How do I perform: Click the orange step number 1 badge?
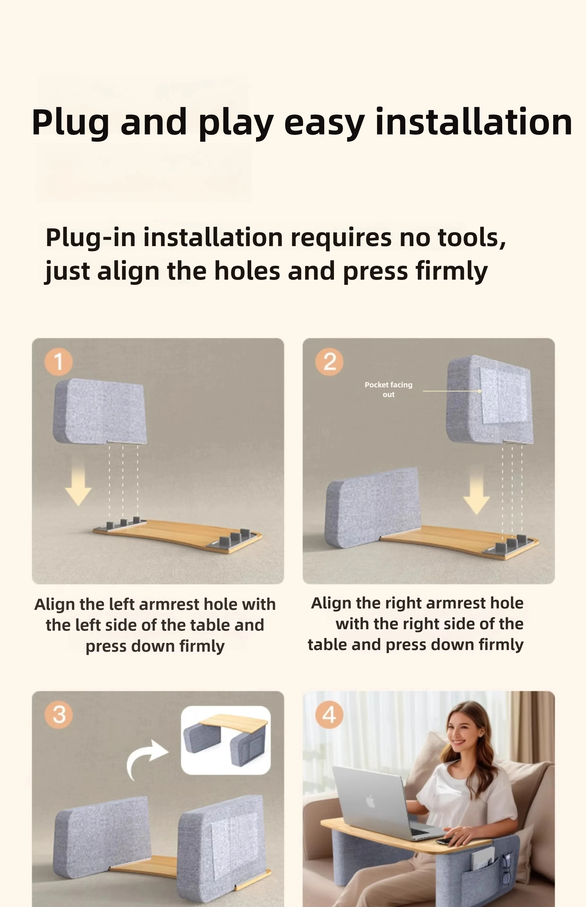click(x=59, y=361)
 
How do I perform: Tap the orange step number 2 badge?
click(x=329, y=361)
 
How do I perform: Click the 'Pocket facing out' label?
click(x=388, y=389)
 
